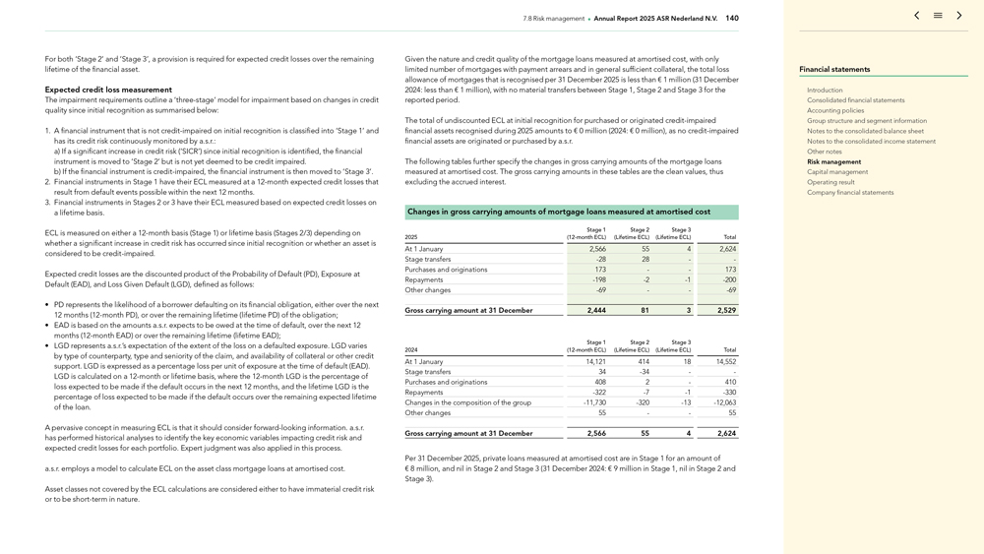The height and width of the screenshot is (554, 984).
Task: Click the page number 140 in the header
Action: coord(732,18)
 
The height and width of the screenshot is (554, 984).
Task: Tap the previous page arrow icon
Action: coord(916,16)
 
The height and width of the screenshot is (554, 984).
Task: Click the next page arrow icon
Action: coord(959,16)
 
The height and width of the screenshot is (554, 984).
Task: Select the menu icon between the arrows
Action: coord(938,16)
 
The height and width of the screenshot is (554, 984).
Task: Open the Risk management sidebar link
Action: coord(833,161)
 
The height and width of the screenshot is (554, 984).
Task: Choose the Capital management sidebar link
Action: coord(837,172)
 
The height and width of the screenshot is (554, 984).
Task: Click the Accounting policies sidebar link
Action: coord(835,110)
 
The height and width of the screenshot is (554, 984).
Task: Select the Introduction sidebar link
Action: coord(825,90)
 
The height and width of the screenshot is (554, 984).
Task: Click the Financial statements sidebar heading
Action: coord(834,70)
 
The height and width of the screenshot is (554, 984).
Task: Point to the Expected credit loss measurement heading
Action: coord(108,90)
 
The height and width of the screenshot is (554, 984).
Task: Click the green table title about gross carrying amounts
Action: coord(559,212)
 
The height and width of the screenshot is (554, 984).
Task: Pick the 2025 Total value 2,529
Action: coord(726,311)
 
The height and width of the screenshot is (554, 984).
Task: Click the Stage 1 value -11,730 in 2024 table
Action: coord(594,402)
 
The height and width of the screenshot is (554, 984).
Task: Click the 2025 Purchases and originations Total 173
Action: coord(730,270)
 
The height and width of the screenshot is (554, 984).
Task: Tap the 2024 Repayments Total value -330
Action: coord(729,393)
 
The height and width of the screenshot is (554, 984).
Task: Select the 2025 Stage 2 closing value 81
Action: coord(645,311)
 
